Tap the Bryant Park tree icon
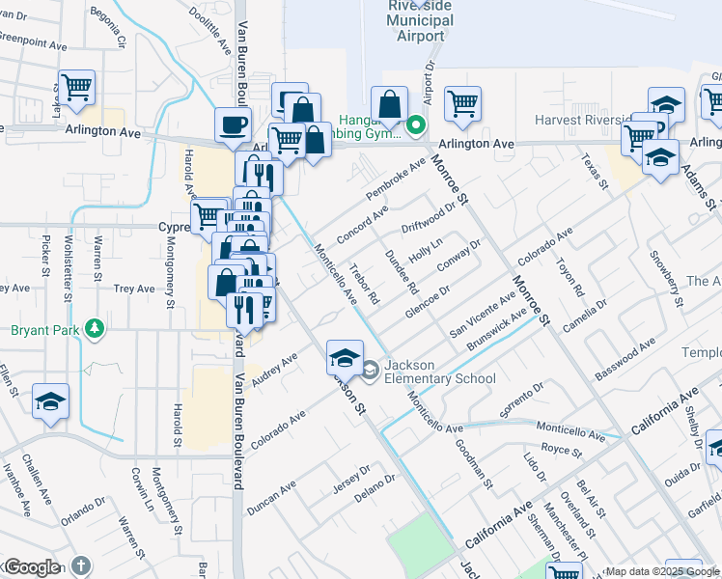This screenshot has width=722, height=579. tap(94, 330)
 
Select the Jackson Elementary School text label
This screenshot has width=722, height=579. tap(440, 372)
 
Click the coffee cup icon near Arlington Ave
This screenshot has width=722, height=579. tap(233, 124)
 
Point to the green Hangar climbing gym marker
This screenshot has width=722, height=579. tap(416, 124)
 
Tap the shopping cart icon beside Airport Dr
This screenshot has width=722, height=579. tap(463, 101)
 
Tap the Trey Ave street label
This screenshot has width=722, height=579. tap(134, 289)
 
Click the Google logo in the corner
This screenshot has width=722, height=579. tap(32, 567)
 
